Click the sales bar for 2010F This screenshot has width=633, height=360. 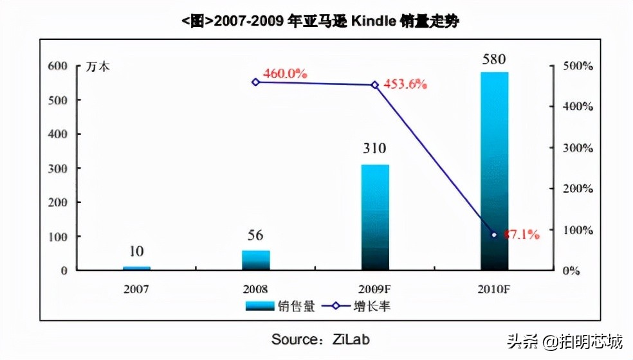pyautogui.click(x=494, y=171)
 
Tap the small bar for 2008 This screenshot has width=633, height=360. pyautogui.click(x=255, y=260)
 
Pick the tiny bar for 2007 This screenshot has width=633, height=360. pyautogui.click(x=136, y=267)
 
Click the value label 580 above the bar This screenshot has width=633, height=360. pyautogui.click(x=495, y=59)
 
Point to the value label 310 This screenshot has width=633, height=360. pyautogui.click(x=374, y=149)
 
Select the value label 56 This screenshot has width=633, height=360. pyautogui.click(x=255, y=235)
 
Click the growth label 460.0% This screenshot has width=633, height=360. pyautogui.click(x=285, y=73)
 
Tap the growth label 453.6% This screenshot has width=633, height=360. pyautogui.click(x=405, y=84)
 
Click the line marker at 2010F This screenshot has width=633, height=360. pyautogui.click(x=494, y=235)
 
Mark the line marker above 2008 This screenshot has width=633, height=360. pyautogui.click(x=255, y=82)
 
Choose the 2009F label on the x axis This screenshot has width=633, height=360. pyautogui.click(x=375, y=289)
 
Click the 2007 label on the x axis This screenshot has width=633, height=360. pyautogui.click(x=136, y=289)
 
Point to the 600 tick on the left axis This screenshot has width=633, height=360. pyautogui.click(x=57, y=66)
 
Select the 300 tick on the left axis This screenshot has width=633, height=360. pyautogui.click(x=57, y=168)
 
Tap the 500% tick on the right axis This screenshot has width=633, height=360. pyautogui.click(x=578, y=67)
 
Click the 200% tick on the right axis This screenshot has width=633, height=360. pyautogui.click(x=578, y=189)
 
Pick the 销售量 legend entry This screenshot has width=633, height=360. pyautogui.click(x=280, y=306)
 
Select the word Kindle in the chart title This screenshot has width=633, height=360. pyautogui.click(x=379, y=22)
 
